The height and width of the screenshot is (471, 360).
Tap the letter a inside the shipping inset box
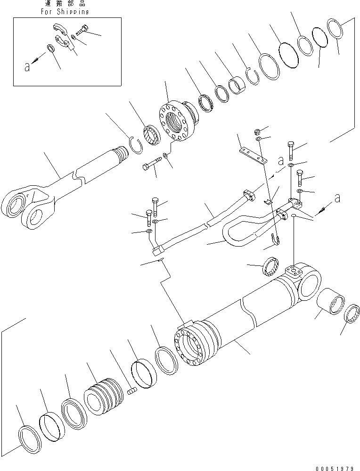(x=27, y=66)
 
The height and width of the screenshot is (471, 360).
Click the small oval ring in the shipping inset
(x=50, y=48)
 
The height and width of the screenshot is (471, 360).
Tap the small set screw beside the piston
(x=132, y=390)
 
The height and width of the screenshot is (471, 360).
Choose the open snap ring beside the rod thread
(x=137, y=143)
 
